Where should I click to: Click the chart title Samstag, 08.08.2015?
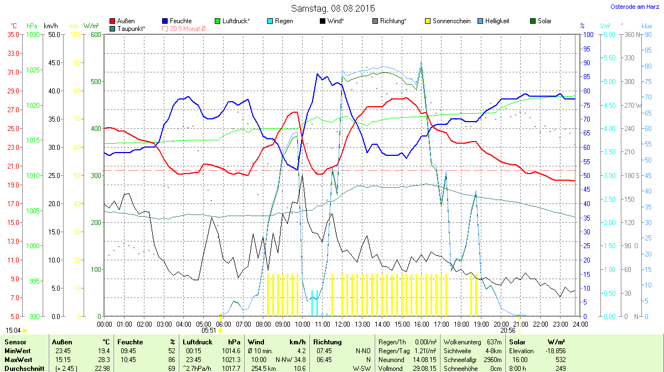[x=333, y=8]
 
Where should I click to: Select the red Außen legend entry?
[x=125, y=21]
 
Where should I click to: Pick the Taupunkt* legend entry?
[x=131, y=28]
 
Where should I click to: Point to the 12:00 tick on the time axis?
[x=343, y=324]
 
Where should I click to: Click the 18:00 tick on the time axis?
[x=461, y=324]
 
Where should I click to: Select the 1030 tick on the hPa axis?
[x=33, y=34]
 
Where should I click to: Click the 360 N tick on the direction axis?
[x=631, y=34]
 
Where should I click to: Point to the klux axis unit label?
[x=646, y=26]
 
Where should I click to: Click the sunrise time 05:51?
[x=208, y=330]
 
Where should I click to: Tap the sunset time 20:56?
[x=508, y=330]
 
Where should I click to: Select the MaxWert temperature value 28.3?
[x=103, y=360]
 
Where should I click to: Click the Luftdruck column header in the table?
[x=197, y=342]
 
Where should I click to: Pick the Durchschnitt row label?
[x=24, y=369]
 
